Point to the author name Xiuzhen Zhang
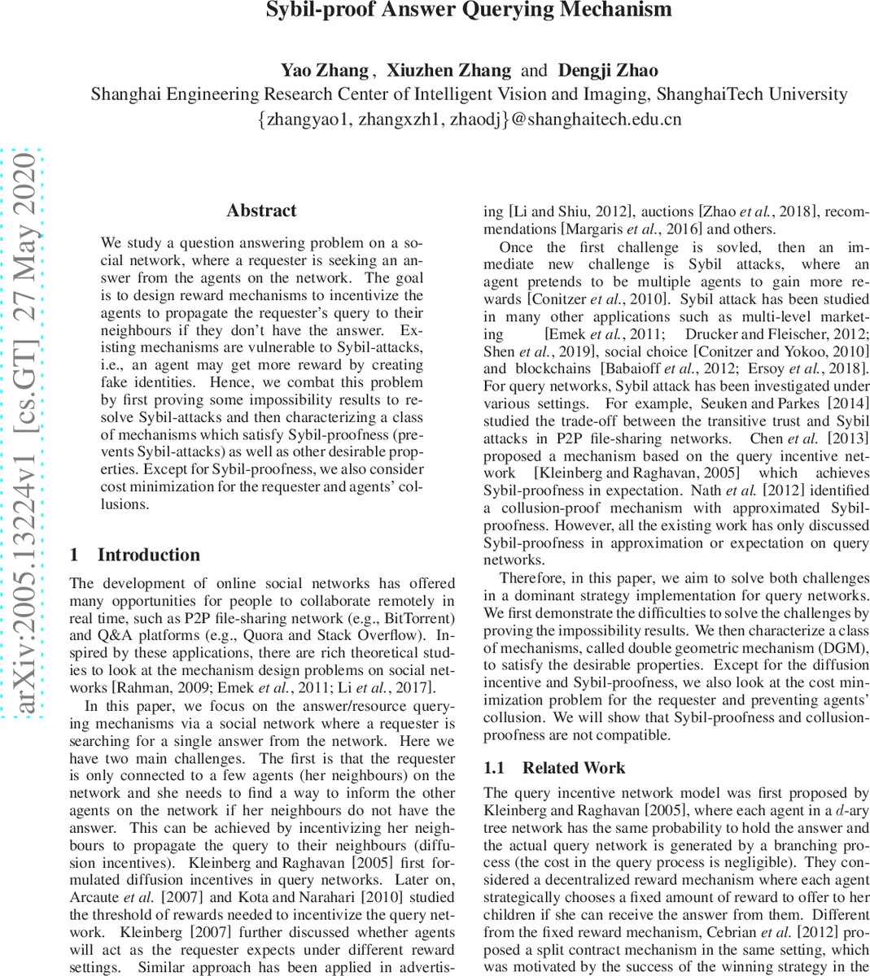(x=448, y=70)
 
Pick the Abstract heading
(x=261, y=211)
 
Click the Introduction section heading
(x=148, y=555)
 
